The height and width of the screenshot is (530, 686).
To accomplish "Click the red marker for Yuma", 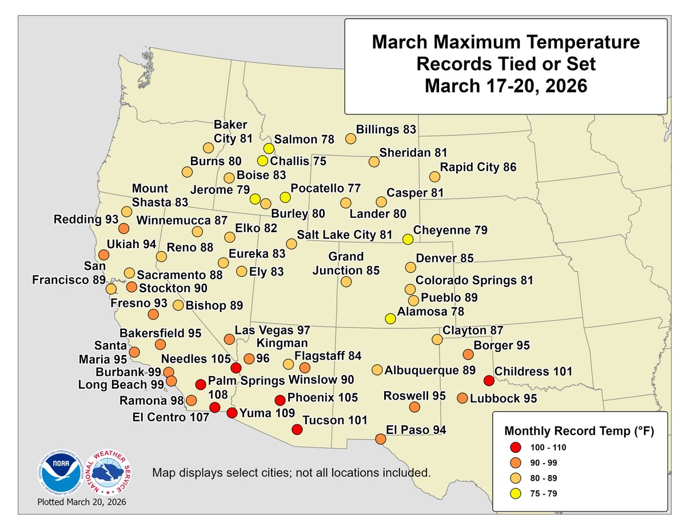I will (x=232, y=413).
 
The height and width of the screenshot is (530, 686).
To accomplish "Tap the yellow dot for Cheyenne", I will (x=407, y=239).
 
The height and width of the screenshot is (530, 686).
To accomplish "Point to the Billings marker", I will (x=351, y=138).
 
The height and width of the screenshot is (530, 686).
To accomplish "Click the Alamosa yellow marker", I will (x=390, y=318).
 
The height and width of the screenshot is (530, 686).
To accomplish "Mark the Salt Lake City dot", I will (x=292, y=244).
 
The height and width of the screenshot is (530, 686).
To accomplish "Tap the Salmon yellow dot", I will (x=269, y=149).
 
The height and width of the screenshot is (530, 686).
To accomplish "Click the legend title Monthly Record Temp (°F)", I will (x=578, y=430).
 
